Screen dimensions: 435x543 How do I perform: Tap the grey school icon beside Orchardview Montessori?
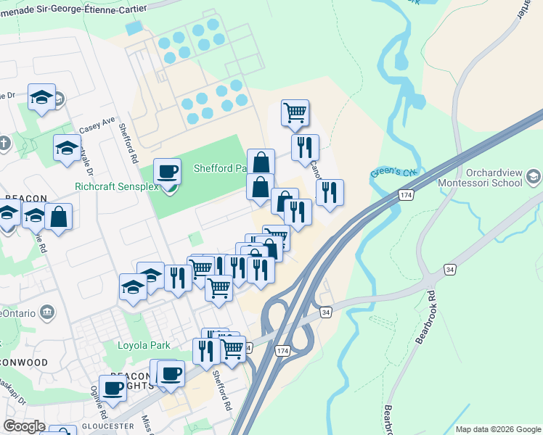click(x=534, y=176)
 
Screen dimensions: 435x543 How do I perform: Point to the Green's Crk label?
click(x=395, y=173)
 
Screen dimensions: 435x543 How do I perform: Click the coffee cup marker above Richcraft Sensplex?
click(x=168, y=173)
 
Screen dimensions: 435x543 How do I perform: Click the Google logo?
click(x=25, y=427)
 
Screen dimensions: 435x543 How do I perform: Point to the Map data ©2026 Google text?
click(x=498, y=429)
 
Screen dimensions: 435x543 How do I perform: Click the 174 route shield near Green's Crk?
click(x=407, y=196)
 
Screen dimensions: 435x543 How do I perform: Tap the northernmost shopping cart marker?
click(x=295, y=113)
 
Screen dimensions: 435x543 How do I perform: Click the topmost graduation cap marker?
click(x=42, y=97)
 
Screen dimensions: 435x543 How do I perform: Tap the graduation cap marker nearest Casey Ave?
click(x=68, y=149)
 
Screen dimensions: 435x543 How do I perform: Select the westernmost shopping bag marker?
click(x=58, y=217)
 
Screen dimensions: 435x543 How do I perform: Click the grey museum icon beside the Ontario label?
click(x=48, y=312)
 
